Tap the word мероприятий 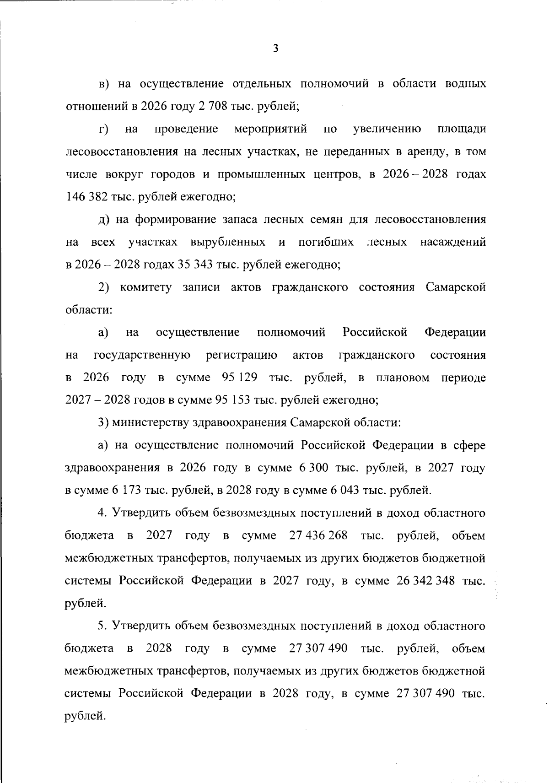tap(270, 129)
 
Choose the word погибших tap(326, 242)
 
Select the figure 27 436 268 tap(318, 535)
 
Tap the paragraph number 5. tap(102, 626)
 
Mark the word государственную tap(142, 355)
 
